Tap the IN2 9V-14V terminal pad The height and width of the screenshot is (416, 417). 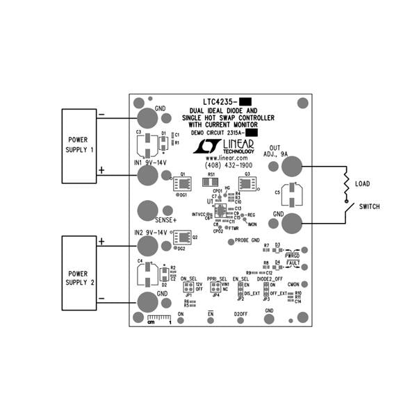point(148,245)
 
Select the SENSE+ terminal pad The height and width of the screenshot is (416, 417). point(148,210)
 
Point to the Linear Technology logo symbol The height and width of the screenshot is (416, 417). point(206,146)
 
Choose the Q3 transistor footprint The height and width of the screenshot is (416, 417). point(247,184)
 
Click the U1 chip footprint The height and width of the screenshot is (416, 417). point(220,211)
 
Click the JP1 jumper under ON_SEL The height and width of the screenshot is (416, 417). point(188,287)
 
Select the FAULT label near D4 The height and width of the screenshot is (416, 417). point(293,264)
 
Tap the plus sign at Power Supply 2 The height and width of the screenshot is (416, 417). point(101,241)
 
